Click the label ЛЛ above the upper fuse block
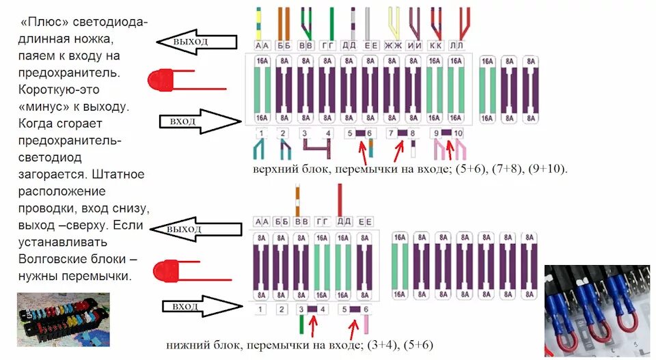point(457,45)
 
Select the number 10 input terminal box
point(458,133)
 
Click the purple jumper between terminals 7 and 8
point(402,133)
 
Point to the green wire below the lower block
point(301,327)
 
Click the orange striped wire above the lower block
point(297,200)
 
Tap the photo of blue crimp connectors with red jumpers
point(599,311)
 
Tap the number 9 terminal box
point(435,133)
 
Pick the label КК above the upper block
point(435,45)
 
